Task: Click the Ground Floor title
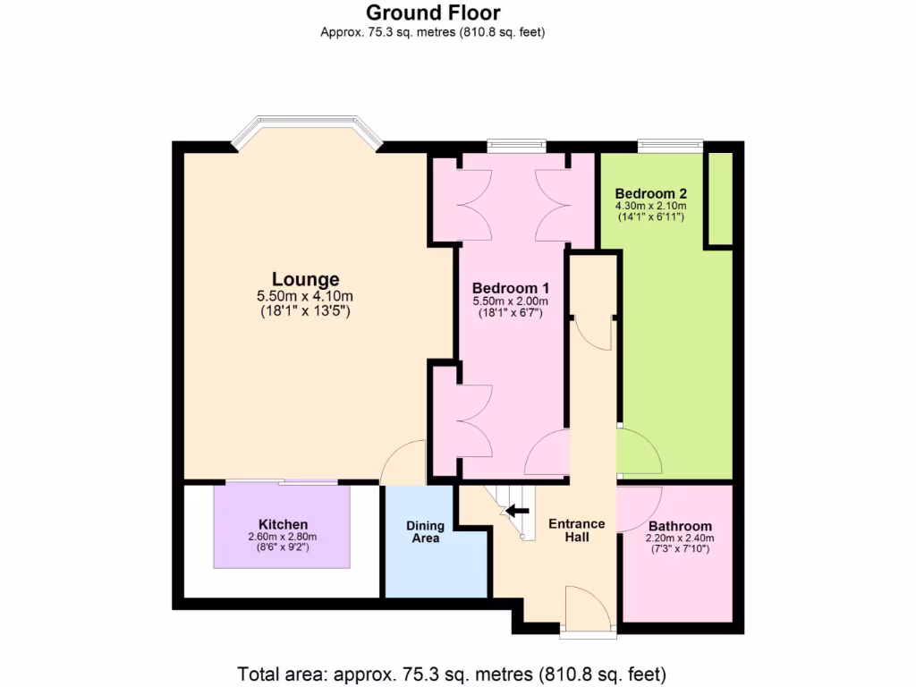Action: [433, 13]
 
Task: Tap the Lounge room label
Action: [305, 279]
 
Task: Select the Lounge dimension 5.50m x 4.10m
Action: [305, 296]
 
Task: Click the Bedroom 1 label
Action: [510, 288]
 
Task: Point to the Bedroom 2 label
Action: [650, 193]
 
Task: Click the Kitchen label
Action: [283, 524]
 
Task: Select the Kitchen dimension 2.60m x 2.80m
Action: [283, 537]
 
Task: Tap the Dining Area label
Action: [425, 532]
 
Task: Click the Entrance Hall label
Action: [576, 530]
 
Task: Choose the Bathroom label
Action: [680, 526]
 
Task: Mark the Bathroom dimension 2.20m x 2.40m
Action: [680, 539]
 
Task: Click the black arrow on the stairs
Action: [515, 512]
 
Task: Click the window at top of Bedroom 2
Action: [670, 143]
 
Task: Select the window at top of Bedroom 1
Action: [516, 143]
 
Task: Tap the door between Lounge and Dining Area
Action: [404, 463]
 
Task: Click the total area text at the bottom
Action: [452, 673]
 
